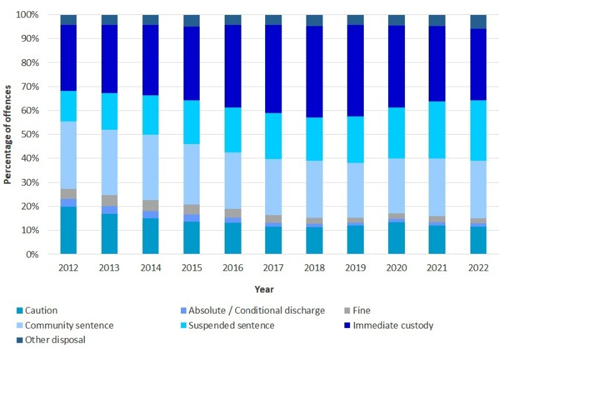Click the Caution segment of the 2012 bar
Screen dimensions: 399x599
68,230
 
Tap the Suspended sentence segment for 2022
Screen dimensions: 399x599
478,130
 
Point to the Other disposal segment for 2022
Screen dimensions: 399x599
478,22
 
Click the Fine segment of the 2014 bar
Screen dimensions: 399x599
150,206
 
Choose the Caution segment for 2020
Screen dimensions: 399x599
396,238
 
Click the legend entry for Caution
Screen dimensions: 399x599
41,310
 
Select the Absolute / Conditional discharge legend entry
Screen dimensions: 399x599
256,310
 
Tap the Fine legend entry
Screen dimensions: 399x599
361,310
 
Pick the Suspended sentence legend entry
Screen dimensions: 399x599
231,325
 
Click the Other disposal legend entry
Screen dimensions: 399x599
55,340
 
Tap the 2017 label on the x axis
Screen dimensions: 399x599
273,268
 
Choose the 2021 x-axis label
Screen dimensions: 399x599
437,268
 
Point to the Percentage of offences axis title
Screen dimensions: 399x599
8,134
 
